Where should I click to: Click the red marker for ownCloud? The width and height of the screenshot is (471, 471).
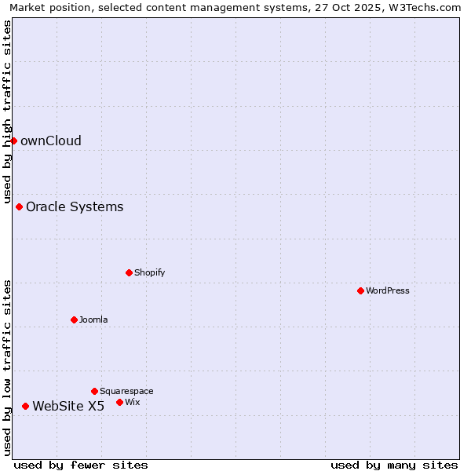(13, 141)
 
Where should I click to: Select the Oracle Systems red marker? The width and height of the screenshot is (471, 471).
(20, 206)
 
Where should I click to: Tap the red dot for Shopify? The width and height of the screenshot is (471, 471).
(130, 272)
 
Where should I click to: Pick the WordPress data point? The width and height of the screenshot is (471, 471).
(361, 290)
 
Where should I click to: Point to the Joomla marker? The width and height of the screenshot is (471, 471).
(75, 319)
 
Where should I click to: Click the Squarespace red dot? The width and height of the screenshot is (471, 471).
(95, 391)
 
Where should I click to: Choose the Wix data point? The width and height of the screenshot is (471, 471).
(120, 402)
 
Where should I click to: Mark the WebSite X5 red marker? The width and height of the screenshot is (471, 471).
(26, 406)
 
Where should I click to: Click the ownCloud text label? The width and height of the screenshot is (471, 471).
(51, 141)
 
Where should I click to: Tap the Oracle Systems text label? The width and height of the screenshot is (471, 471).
(75, 207)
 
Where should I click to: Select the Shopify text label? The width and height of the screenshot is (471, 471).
(149, 272)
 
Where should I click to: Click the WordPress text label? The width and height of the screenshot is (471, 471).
(388, 290)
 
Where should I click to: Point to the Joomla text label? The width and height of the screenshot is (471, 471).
(93, 319)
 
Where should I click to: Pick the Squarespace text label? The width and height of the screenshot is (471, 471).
(126, 391)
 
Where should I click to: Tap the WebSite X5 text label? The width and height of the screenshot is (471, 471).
(68, 407)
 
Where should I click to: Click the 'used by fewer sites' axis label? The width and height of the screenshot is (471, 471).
(81, 465)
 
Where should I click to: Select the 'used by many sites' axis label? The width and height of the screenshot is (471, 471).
(394, 465)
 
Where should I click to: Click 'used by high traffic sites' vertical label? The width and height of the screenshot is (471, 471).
(8, 111)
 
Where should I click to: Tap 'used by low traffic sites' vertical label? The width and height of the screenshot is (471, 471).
(8, 367)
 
